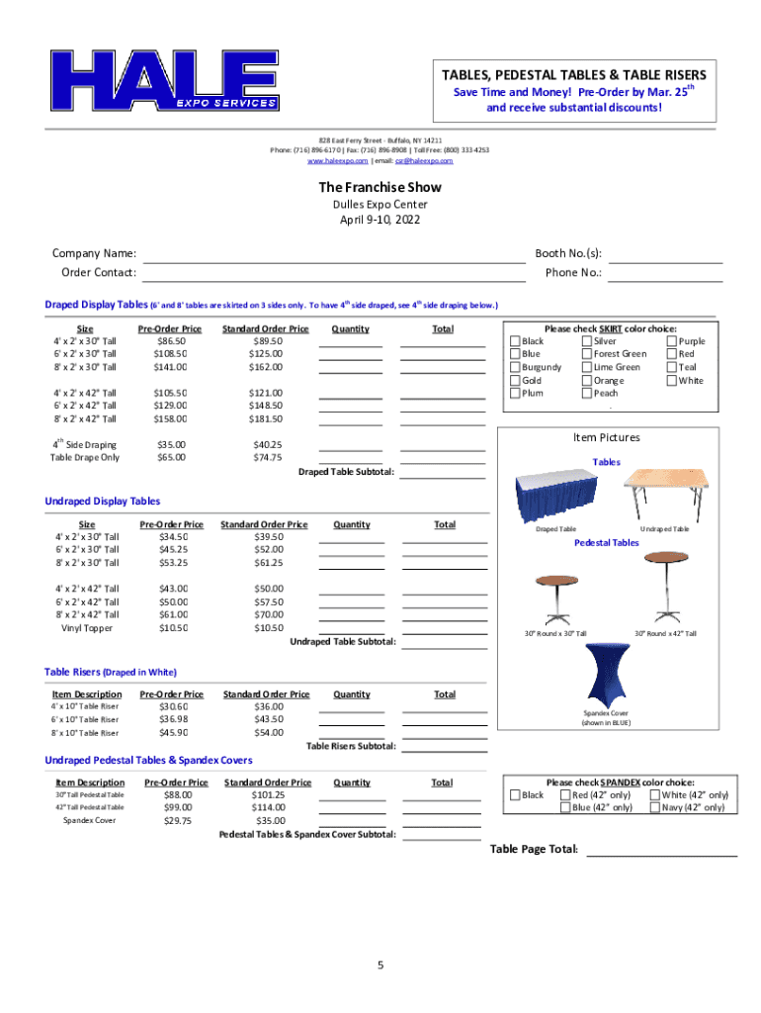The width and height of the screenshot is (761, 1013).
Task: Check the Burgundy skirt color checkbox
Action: [515, 367]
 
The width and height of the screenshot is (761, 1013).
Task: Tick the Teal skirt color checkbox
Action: [672, 367]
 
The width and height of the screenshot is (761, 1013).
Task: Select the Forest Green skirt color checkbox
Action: [587, 354]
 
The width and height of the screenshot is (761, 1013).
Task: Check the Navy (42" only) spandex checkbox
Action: [654, 807]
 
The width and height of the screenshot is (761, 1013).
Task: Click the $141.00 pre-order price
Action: [170, 367]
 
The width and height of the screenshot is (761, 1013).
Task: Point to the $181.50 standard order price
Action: [266, 418]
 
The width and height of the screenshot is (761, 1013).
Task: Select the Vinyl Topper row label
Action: [87, 628]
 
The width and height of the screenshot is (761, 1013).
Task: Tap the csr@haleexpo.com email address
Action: [424, 160]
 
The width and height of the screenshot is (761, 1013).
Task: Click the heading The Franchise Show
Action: [380, 187]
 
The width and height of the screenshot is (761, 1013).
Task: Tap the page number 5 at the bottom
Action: [380, 966]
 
